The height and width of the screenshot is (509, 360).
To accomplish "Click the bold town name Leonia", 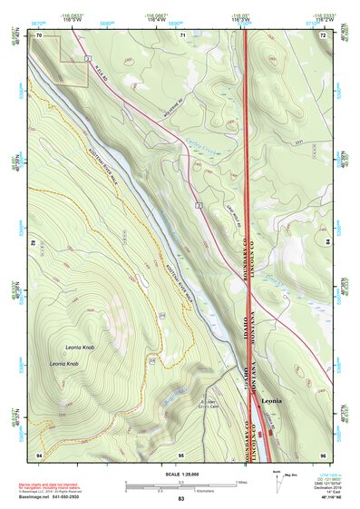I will (x=271, y=398).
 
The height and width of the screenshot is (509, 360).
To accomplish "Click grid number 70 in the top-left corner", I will (x=39, y=34).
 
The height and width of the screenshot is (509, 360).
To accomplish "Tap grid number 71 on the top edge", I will (x=182, y=34).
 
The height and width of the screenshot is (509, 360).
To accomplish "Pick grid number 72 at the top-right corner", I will (x=323, y=34).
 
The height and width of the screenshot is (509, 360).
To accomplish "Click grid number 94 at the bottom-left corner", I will (x=39, y=453).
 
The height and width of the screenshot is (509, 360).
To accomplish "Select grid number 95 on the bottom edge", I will (x=181, y=453).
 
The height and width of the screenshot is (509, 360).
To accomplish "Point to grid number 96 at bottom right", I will (x=323, y=453).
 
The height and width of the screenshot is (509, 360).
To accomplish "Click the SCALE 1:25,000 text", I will (x=181, y=474).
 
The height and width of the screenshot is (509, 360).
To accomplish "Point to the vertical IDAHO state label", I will (x=244, y=330).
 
